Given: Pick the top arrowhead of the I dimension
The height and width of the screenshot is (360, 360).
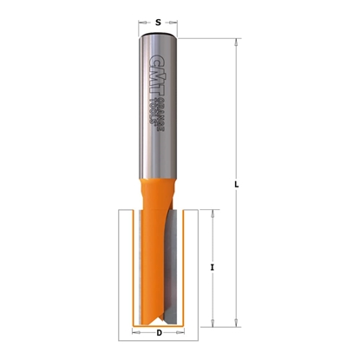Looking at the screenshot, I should tap(213, 211).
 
